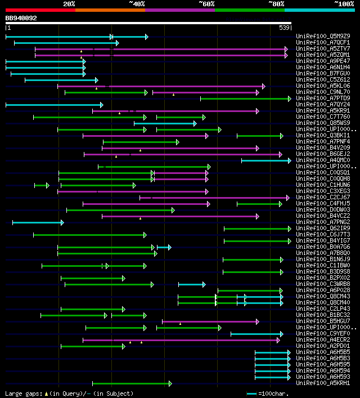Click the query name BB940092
[x=21, y=18]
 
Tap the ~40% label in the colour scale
[x=137, y=3]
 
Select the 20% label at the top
[x=69, y=3]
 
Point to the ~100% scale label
[x=344, y=3]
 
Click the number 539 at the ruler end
[x=284, y=27]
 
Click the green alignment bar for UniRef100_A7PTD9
[x=245, y=99]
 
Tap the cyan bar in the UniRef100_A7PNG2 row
[x=37, y=222]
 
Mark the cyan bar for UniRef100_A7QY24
[x=54, y=105]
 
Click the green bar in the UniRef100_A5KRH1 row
[x=132, y=383]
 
